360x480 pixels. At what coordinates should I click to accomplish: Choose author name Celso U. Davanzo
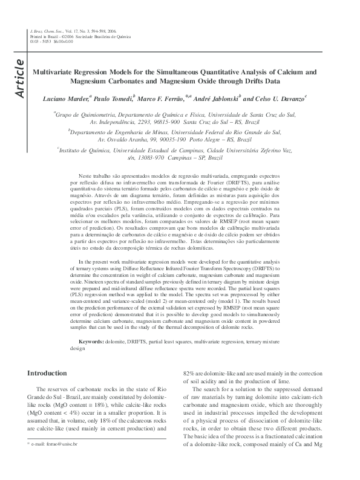(x=281, y=97)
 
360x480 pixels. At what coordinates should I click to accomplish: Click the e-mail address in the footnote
(x=61, y=460)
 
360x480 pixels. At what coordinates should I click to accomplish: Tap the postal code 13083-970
(x=155, y=156)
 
